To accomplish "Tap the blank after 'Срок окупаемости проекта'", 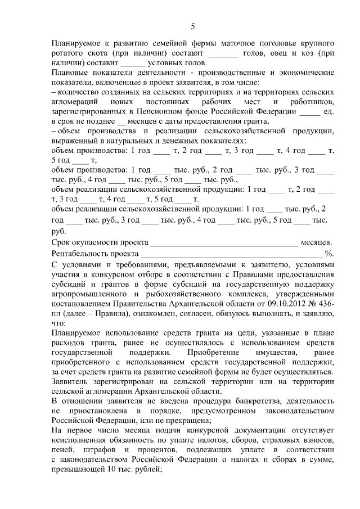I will [223, 243].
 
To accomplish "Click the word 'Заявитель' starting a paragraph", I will [72, 380].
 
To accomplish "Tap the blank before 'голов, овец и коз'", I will [223, 53].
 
